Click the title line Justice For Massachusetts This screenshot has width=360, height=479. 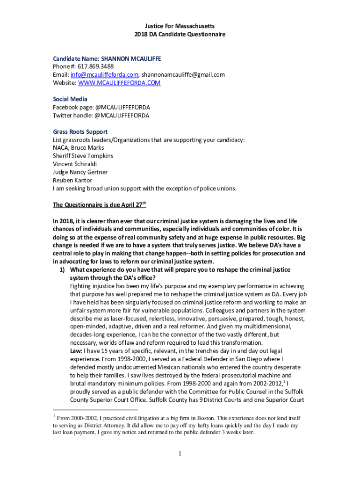pos(180,26)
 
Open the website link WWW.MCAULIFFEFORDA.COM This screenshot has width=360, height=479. pos(119,83)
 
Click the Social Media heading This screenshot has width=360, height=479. pos(70,99)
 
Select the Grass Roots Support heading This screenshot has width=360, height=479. pos(80,132)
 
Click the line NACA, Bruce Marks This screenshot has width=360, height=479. pos(79,148)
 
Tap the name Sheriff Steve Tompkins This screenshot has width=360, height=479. pos(83,156)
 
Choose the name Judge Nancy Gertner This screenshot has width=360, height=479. pos(80,172)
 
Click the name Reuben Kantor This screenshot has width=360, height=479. pos(72,180)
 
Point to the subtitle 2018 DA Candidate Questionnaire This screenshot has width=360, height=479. pos(180,34)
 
